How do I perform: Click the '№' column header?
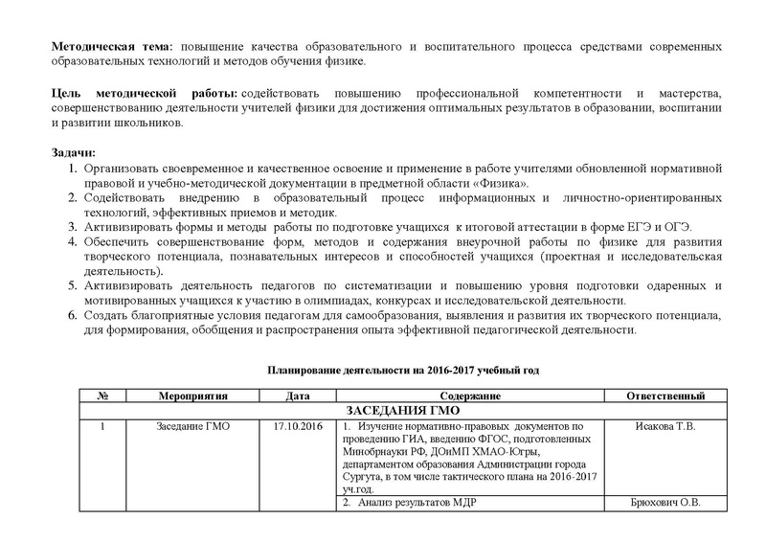point(101,396)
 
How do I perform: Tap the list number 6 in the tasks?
point(72,315)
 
